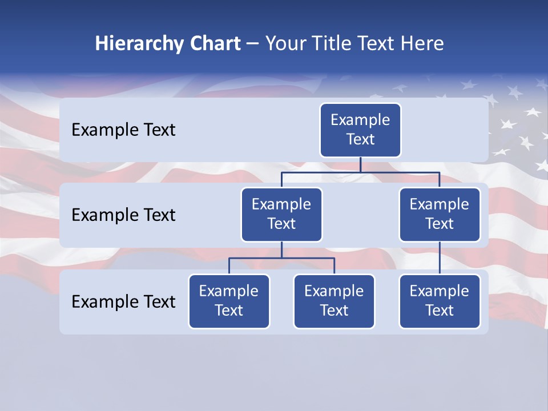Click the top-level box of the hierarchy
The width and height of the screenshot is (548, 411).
[360, 130]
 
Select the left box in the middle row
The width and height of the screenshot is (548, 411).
[281, 215]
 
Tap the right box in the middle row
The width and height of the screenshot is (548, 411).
[440, 215]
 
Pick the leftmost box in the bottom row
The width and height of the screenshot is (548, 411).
[229, 301]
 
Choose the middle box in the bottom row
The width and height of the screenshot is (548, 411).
[334, 301]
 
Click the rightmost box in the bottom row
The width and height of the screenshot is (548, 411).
[440, 301]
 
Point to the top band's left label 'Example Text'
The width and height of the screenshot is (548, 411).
[123, 130]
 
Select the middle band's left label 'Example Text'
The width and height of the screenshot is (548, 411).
[123, 215]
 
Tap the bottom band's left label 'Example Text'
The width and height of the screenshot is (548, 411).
[123, 301]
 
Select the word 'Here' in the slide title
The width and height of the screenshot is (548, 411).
[422, 43]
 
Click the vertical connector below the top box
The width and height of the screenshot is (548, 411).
[360, 164]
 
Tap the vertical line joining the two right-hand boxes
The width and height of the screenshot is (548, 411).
[440, 258]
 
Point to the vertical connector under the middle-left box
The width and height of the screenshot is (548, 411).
[281, 250]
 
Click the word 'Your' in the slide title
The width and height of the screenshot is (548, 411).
[284, 43]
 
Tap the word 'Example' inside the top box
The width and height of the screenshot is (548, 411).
[360, 120]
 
